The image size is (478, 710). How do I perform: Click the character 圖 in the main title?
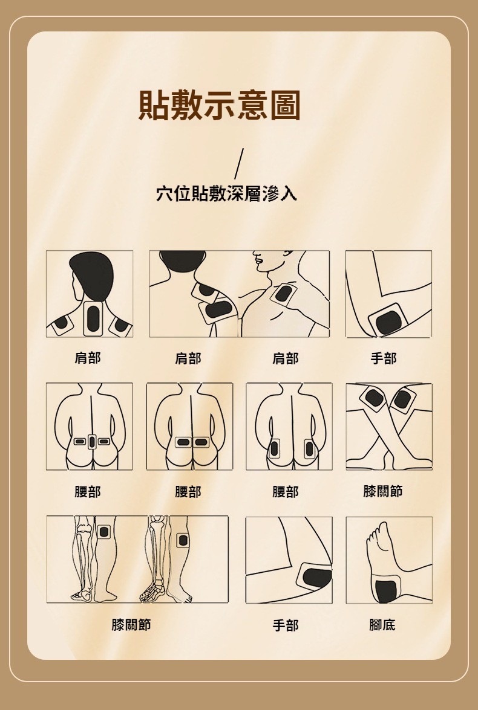(285, 106)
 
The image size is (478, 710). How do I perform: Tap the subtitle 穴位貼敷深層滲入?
(226, 193)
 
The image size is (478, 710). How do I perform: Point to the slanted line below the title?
(239, 164)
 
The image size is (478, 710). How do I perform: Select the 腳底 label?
(382, 625)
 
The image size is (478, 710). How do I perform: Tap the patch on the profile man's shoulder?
(283, 295)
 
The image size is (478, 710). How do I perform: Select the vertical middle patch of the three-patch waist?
(92, 441)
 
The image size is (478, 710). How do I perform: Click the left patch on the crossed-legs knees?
(374, 398)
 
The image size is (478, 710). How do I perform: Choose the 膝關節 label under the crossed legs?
(383, 491)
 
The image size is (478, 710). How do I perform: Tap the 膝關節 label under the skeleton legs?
(131, 625)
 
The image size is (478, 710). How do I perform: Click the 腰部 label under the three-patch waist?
(88, 492)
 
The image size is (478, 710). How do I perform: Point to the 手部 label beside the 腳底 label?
(285, 625)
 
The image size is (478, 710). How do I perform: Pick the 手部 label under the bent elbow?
(384, 358)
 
